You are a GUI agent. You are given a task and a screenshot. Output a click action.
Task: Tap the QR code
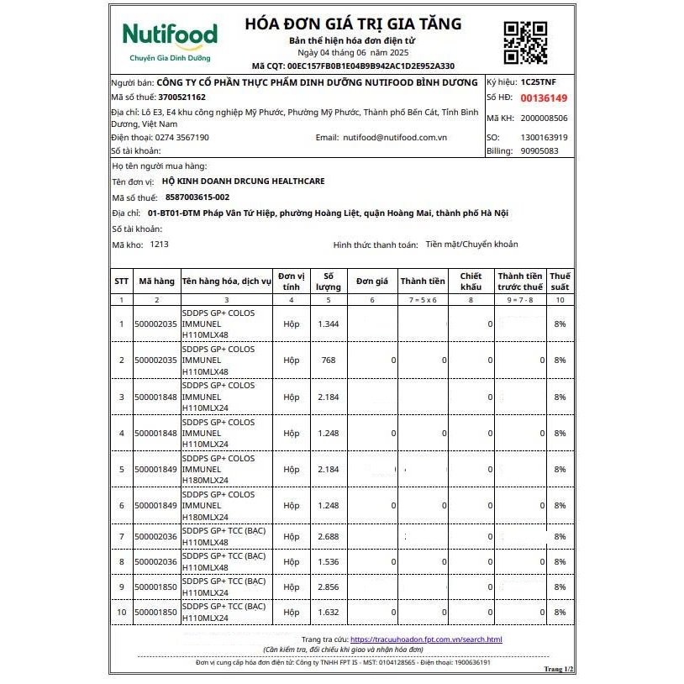point(525,41)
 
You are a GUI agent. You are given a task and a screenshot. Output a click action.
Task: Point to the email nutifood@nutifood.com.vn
point(395,137)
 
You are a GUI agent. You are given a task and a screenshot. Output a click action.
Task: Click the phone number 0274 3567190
point(182,137)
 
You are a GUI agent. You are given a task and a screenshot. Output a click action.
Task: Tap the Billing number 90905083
point(539,151)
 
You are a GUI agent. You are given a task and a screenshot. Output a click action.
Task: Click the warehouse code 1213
point(160,244)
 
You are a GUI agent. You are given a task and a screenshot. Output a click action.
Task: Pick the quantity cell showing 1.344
point(328,324)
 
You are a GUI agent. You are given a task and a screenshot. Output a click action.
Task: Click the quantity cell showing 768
point(328,360)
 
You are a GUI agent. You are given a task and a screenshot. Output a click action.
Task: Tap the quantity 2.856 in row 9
point(328,587)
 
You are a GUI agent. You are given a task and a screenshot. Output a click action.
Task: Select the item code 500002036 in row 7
point(156,536)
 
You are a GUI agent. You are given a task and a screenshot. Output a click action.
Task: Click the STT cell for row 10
point(121,613)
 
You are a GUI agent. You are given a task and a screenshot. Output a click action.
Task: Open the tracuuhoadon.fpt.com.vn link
point(425,639)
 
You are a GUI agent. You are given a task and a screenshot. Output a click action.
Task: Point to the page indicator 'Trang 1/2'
point(558,669)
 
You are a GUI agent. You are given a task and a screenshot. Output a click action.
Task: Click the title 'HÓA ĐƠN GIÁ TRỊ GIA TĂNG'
point(353,24)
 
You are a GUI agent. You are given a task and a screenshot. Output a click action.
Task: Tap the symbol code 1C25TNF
point(539,83)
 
